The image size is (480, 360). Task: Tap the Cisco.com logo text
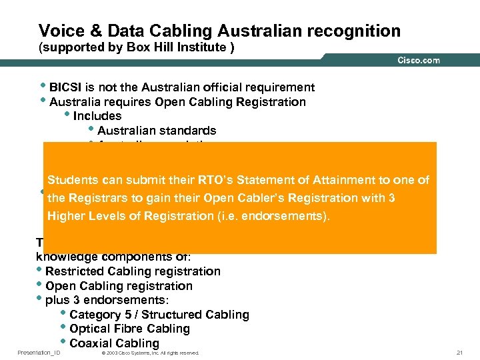(419, 60)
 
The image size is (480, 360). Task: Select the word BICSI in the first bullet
(67, 87)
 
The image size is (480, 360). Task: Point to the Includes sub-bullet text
(97, 116)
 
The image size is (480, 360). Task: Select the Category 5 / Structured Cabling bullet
(159, 315)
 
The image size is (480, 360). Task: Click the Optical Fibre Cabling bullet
(129, 329)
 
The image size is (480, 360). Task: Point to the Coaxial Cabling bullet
(114, 344)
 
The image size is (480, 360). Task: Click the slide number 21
(458, 353)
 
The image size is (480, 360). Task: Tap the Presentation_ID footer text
(39, 353)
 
